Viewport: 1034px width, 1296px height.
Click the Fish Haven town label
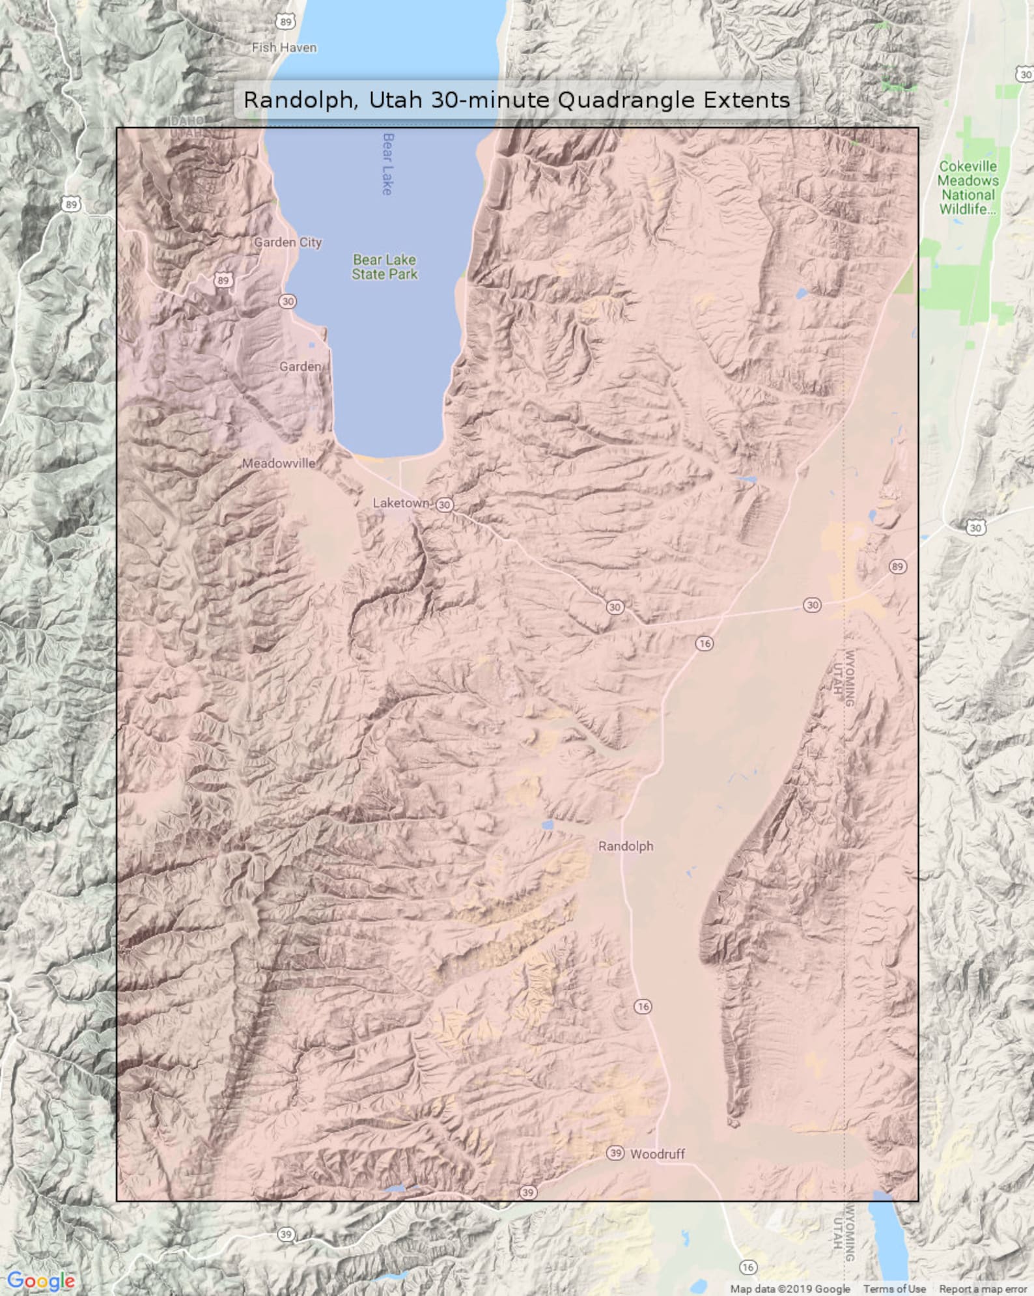[284, 48]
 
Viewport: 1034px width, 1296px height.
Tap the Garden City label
[288, 242]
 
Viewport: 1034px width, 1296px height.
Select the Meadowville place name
[279, 464]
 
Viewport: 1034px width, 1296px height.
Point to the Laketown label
[401, 503]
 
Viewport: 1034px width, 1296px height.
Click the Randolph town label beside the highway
[626, 846]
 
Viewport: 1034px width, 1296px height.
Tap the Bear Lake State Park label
[384, 267]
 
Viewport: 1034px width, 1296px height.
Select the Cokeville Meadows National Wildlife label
[968, 188]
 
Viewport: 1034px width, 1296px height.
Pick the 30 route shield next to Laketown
[445, 504]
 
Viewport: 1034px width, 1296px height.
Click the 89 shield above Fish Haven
[285, 21]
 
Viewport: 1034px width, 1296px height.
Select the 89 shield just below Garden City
[223, 281]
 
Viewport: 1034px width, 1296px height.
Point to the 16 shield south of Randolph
[643, 1006]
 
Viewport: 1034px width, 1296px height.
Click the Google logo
[40, 1280]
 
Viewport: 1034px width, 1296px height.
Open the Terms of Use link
[894, 1289]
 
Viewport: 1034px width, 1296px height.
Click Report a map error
[983, 1289]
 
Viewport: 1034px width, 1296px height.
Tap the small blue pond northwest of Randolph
[548, 825]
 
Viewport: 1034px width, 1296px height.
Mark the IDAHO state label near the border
[188, 120]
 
